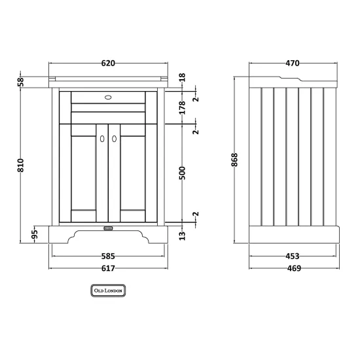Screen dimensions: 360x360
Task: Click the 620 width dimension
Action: pyautogui.click(x=108, y=63)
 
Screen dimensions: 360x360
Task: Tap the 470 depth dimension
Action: pyautogui.click(x=293, y=63)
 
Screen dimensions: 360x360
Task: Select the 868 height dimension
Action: pyautogui.click(x=234, y=160)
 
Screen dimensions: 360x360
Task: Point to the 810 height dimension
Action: pyautogui.click(x=20, y=166)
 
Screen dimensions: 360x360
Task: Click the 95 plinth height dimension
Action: pyautogui.click(x=34, y=234)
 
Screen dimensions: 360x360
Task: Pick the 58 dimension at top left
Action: pyautogui.click(x=20, y=82)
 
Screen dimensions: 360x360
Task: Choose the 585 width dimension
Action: pyautogui.click(x=108, y=256)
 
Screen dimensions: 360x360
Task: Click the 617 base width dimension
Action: pyautogui.click(x=108, y=268)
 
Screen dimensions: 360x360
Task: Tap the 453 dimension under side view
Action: pyautogui.click(x=293, y=256)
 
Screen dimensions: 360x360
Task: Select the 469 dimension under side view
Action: pyautogui.click(x=294, y=268)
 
